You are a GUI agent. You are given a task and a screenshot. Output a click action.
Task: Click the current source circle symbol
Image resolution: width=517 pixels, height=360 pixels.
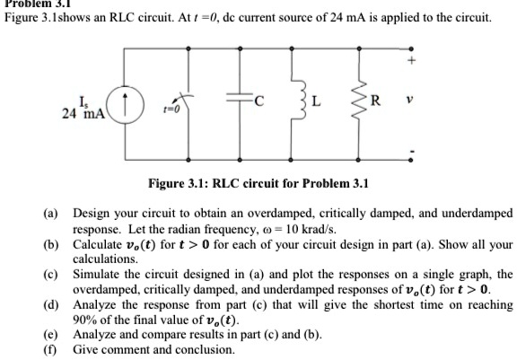[x=125, y=104]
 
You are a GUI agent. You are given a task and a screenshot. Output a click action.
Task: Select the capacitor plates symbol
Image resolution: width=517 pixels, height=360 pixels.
[x=239, y=97]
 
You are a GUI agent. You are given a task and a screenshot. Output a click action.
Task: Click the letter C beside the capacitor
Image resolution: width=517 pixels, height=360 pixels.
[x=259, y=101]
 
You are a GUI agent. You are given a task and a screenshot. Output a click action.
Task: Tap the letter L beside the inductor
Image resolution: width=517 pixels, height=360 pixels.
[x=316, y=101]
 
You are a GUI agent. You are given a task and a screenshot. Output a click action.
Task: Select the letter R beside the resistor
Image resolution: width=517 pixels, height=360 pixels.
[x=375, y=101]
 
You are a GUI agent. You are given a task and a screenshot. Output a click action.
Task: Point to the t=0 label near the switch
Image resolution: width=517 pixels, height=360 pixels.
[x=171, y=109]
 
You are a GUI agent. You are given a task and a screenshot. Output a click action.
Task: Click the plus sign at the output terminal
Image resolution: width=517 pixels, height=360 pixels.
[x=411, y=60]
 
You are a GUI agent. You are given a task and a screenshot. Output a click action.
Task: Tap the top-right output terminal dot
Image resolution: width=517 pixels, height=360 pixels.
[x=411, y=48]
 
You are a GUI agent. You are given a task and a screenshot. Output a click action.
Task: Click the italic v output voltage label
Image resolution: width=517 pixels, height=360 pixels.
[x=409, y=100]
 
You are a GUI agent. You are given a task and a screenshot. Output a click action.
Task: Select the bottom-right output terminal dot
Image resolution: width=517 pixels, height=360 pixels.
[x=410, y=160]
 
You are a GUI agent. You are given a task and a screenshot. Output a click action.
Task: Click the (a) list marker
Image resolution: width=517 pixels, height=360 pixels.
[x=50, y=214]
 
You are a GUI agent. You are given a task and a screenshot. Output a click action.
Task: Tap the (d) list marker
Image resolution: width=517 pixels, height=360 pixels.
[x=50, y=305]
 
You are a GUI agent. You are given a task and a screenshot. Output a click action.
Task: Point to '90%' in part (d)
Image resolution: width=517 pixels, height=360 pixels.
[x=84, y=320]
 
